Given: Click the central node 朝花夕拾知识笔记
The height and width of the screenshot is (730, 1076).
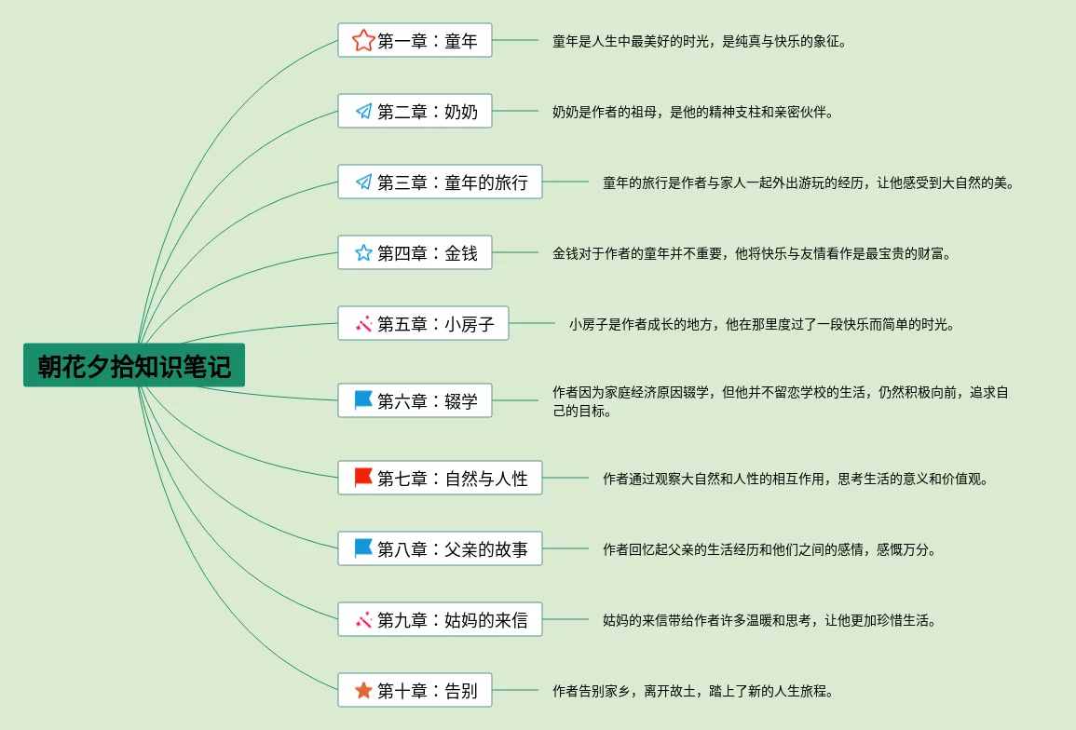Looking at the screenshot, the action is [134, 366].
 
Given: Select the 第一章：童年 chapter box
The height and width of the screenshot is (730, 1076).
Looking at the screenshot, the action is [415, 41].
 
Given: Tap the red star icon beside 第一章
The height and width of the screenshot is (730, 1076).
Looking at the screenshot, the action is [362, 41].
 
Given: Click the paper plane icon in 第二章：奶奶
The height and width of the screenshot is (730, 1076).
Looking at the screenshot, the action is [363, 112].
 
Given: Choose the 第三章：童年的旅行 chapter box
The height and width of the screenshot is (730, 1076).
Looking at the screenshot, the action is [440, 182].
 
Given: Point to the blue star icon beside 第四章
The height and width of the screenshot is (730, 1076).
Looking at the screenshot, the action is [363, 253].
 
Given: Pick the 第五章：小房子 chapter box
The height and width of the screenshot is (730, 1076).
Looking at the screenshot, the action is [423, 324].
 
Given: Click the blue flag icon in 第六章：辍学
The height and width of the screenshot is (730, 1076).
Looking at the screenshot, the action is [363, 400].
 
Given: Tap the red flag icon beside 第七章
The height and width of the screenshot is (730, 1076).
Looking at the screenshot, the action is [363, 478].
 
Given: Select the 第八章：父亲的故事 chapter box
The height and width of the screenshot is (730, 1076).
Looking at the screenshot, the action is [440, 549].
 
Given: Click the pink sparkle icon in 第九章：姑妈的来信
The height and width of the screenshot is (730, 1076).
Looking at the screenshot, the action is [363, 619].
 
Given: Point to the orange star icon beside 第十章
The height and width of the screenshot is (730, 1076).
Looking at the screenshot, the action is [363, 691].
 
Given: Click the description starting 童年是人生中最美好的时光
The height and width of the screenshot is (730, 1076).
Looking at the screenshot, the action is [699, 41].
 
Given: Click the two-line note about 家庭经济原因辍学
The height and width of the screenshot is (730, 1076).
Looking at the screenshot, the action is [780, 401].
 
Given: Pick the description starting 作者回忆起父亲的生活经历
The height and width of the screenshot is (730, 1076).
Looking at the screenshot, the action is [769, 549].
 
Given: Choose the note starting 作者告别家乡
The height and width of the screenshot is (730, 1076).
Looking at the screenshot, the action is [692, 691].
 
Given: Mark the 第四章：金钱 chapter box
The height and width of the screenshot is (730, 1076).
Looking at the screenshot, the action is [415, 253].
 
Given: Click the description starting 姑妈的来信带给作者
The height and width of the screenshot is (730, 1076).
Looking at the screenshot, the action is [769, 620].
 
